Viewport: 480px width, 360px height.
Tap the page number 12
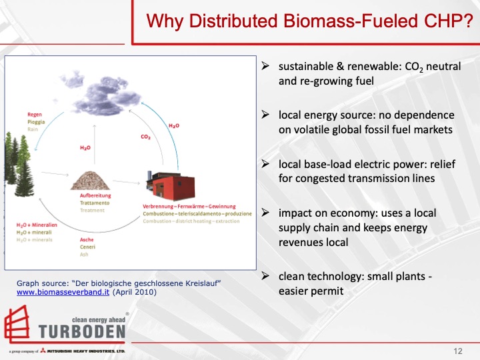[457, 351]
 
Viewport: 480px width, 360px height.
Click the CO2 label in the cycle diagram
[145, 137]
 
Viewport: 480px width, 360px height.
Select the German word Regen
[35, 115]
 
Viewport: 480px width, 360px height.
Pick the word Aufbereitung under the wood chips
[95, 195]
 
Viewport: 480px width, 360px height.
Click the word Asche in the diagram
[87, 239]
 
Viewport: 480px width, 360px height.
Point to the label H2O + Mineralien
[37, 225]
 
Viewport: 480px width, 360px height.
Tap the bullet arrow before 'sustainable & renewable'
[265, 68]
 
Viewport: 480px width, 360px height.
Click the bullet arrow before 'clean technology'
[265, 276]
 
